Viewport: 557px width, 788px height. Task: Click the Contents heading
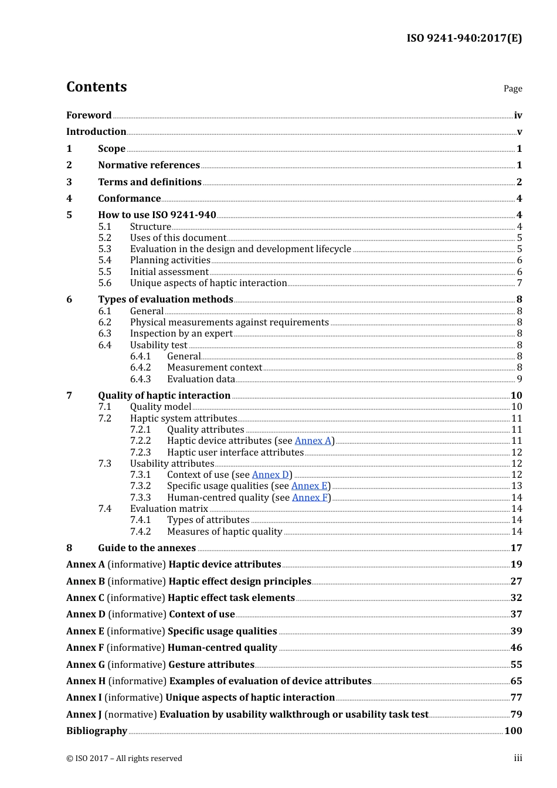point(96,87)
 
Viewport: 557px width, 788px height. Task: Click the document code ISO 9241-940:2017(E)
point(464,38)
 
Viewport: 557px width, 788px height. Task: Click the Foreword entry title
point(89,116)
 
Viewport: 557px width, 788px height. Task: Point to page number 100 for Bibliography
point(513,731)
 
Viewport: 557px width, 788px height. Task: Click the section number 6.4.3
point(140,379)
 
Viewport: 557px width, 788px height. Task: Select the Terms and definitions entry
point(150,182)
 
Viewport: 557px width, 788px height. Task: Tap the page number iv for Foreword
point(518,116)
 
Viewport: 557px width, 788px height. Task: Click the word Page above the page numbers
point(512,89)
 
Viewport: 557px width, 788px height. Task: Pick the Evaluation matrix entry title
point(169,509)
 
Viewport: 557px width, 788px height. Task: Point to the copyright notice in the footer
point(124,759)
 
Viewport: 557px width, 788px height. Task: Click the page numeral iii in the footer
point(518,758)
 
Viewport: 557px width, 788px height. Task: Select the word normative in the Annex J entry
point(131,715)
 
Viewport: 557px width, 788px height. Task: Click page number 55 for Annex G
point(516,665)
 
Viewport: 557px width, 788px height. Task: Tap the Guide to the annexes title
point(147,548)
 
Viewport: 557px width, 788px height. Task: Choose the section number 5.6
point(105,283)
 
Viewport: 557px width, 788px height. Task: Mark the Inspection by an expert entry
point(181,334)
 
